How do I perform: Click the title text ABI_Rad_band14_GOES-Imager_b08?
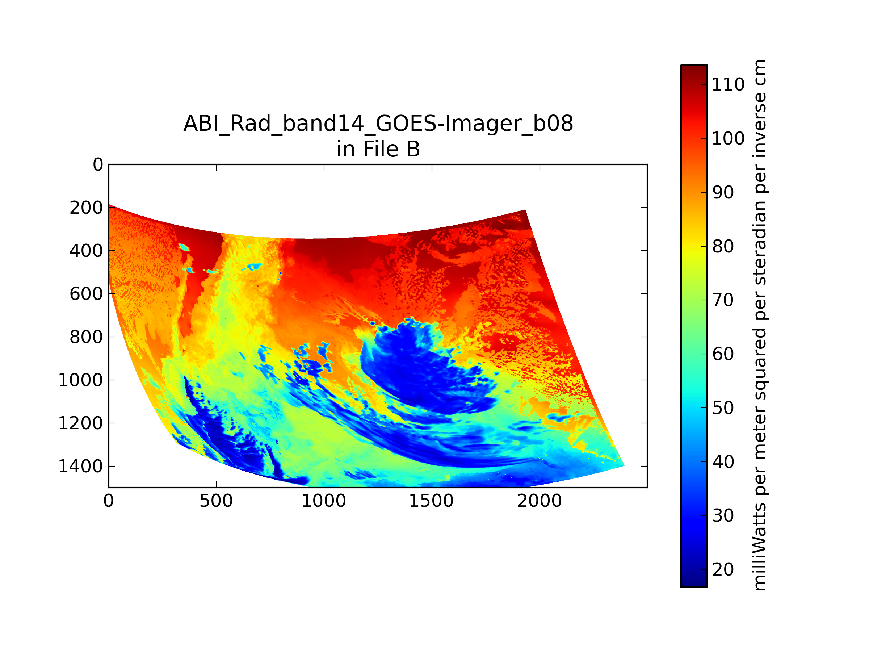[x=378, y=124]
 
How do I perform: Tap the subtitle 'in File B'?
[x=378, y=149]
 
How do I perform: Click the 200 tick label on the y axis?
[x=87, y=208]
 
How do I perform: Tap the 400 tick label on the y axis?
[x=87, y=251]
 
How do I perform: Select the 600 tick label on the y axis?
[x=87, y=294]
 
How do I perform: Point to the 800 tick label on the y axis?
[x=87, y=337]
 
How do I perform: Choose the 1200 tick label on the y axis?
[x=80, y=423]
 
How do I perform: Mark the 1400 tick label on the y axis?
[x=80, y=467]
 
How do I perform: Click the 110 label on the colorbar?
[x=728, y=84]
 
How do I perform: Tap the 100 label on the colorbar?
[x=728, y=138]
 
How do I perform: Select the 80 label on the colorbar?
[x=723, y=246]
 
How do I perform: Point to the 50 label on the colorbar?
[x=723, y=408]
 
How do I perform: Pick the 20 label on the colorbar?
[x=723, y=569]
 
